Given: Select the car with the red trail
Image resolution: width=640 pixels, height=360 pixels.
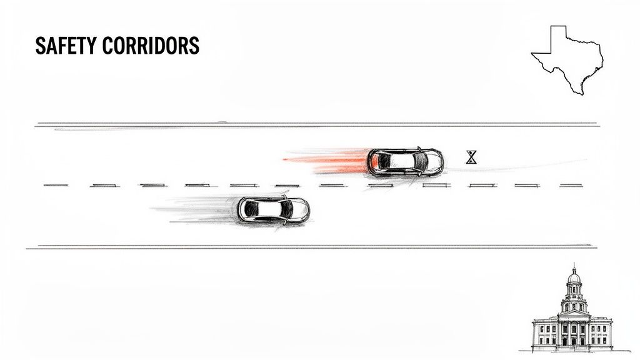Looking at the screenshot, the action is click(405, 162).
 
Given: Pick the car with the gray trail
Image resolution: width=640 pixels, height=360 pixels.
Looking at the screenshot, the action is click(273, 210).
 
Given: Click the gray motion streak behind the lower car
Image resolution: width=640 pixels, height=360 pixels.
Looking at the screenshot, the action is click(194, 208).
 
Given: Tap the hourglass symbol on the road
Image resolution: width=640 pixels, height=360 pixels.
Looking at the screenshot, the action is click(471, 157).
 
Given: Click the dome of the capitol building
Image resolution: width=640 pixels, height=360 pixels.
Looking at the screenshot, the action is click(574, 277).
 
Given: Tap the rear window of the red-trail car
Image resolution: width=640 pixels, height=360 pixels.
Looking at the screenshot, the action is click(379, 162).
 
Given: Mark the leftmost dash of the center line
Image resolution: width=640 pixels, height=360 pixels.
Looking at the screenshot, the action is click(55, 185).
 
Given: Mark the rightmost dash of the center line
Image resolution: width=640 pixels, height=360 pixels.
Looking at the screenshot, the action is click(571, 185).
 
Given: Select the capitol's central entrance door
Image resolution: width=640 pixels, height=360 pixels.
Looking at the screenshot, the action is click(573, 341).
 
